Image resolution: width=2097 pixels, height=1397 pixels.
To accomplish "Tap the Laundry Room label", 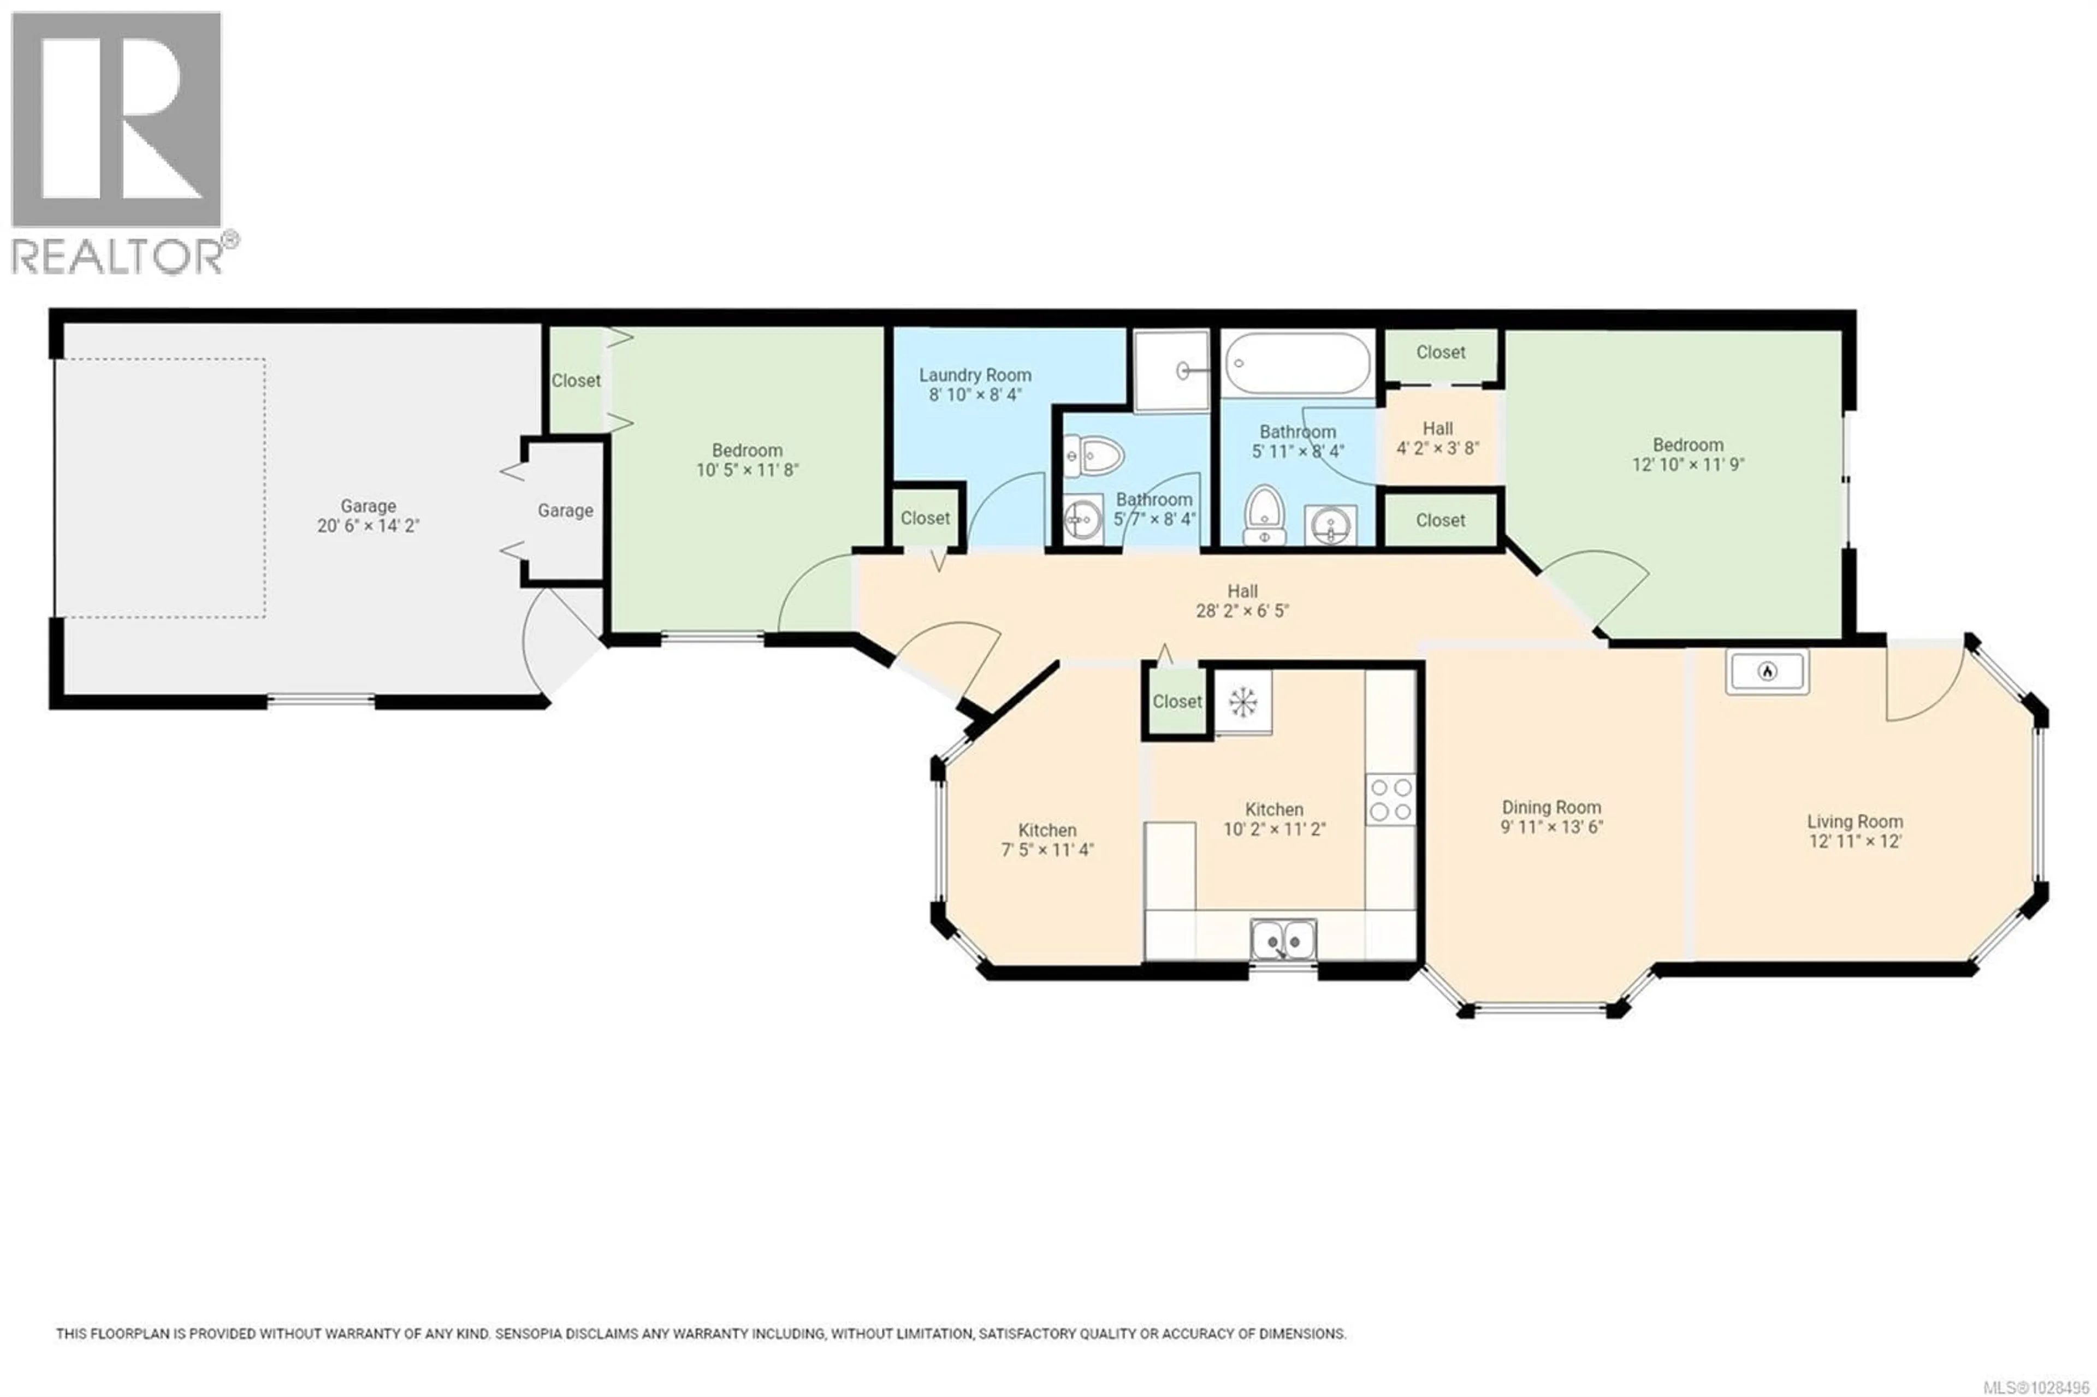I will [x=975, y=376].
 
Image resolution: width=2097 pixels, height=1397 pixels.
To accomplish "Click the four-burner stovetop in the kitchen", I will [x=1390, y=799].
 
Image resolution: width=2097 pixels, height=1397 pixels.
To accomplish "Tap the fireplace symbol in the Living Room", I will [x=1767, y=670].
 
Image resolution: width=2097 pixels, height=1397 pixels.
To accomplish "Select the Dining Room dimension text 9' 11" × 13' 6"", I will [x=1551, y=827].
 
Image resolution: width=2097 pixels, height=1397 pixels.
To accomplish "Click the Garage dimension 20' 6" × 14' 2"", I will [x=368, y=526].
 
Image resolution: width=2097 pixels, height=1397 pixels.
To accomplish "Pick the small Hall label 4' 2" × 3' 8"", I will [x=1437, y=448].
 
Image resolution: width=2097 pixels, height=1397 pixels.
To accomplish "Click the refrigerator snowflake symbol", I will [x=1242, y=702].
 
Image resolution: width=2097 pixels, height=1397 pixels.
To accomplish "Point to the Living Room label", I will [x=1855, y=821].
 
